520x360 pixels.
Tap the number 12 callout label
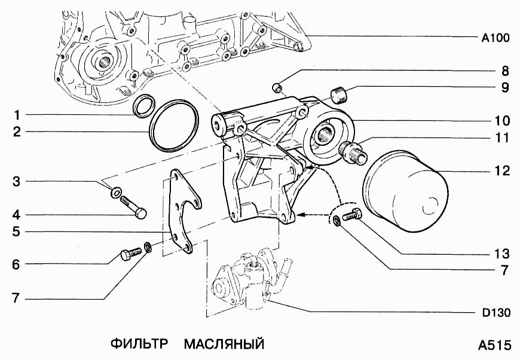tap(501, 171)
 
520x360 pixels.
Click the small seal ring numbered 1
tap(143, 108)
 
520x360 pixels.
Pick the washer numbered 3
tap(117, 193)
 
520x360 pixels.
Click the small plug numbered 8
tap(277, 89)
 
